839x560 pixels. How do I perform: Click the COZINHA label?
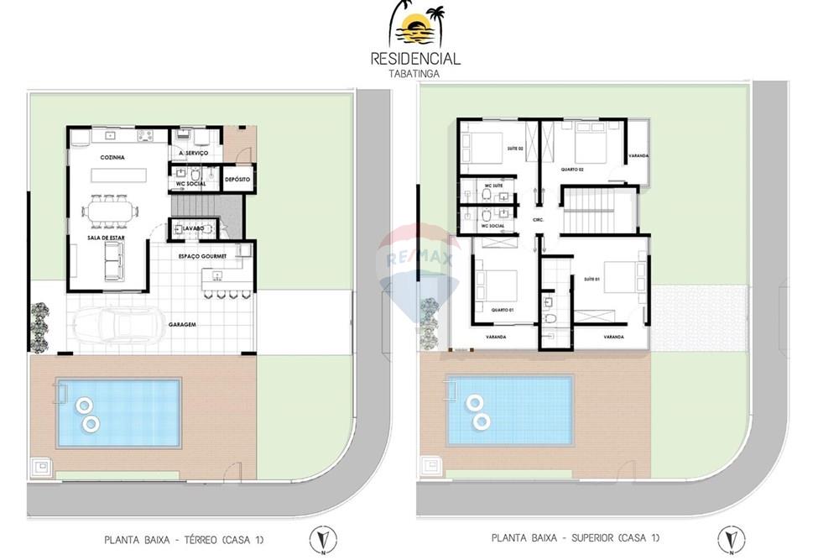click(112, 157)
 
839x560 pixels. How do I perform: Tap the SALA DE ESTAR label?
click(107, 238)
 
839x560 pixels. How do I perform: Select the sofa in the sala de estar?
click(110, 265)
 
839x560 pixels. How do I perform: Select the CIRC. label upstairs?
click(539, 220)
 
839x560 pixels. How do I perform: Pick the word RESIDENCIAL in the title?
click(416, 59)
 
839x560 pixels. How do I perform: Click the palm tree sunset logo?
click(417, 26)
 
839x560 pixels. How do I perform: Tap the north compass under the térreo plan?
click(319, 540)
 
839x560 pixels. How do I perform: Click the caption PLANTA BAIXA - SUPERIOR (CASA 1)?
click(576, 537)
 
